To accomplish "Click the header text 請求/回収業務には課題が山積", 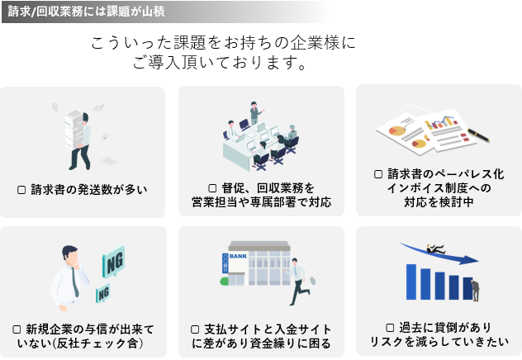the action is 86,12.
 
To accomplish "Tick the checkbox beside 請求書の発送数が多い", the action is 21,190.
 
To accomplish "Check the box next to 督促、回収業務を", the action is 212,188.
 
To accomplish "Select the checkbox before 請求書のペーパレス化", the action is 378,174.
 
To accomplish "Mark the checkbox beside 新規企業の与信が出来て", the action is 17,329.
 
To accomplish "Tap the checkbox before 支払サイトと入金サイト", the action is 195,329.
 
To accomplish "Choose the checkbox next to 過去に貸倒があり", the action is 390,328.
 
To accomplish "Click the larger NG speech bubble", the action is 114,262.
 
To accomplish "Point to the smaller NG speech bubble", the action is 103,293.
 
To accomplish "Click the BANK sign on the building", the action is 238,256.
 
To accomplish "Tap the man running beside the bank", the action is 298,281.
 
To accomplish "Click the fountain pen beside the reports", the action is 478,135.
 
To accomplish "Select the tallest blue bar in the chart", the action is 411,282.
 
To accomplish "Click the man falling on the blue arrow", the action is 435,249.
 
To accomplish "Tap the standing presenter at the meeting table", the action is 256,112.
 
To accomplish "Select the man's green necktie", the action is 75,282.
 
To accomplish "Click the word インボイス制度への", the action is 439,188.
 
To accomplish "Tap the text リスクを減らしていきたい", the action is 439,342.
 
